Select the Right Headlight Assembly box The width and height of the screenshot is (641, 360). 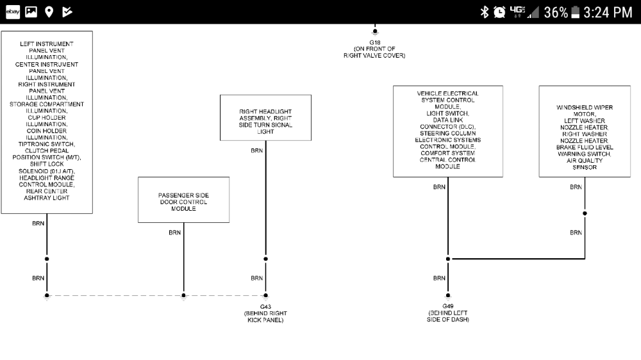pyautogui.click(x=265, y=117)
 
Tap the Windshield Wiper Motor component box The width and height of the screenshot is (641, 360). pyautogui.click(x=584, y=131)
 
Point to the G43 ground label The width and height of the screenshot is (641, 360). pyautogui.click(x=265, y=307)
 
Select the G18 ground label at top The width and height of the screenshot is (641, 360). pyautogui.click(x=374, y=43)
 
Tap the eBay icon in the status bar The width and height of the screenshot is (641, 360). pyautogui.click(x=13, y=12)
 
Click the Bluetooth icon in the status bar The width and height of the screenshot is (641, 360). pyautogui.click(x=485, y=12)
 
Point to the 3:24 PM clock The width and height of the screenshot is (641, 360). pyautogui.click(x=608, y=12)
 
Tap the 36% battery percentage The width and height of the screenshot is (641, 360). pyautogui.click(x=556, y=12)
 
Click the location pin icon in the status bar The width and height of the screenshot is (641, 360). pyautogui.click(x=49, y=12)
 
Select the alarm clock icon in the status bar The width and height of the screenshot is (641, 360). pyautogui.click(x=499, y=12)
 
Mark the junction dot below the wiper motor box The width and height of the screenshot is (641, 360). pyautogui.click(x=585, y=213)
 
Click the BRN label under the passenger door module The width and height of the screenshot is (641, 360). pyautogui.click(x=175, y=233)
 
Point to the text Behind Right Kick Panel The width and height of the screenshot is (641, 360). pyautogui.click(x=265, y=316)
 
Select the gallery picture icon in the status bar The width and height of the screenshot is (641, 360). pyautogui.click(x=31, y=12)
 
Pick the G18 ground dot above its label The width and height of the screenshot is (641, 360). pyautogui.click(x=374, y=30)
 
